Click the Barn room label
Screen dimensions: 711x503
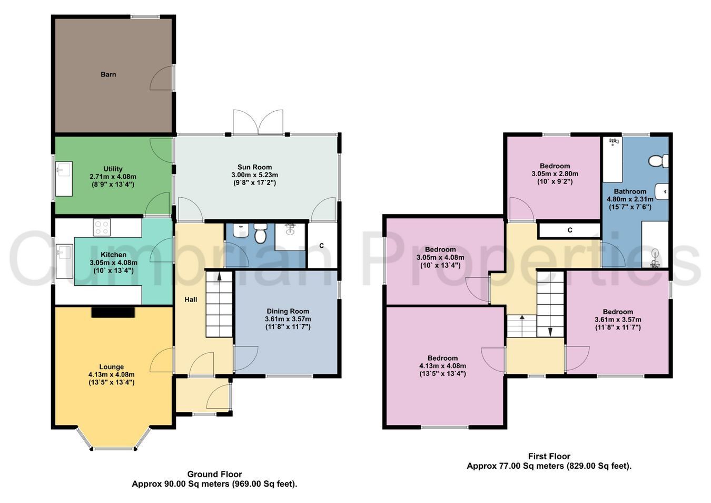pos(108,74)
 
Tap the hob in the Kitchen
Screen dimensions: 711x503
pos(102,227)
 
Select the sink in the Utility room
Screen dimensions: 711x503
pos(64,179)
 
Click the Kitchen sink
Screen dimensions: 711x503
pos(65,261)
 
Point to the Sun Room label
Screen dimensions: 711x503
pos(254,167)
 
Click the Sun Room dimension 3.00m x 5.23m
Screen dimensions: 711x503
pos(254,175)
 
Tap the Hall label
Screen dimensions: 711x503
pos(191,299)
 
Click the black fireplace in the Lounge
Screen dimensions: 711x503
pos(113,312)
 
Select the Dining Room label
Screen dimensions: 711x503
pos(288,312)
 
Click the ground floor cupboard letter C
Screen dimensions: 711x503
pos(322,246)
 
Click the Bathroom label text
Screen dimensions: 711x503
pos(630,191)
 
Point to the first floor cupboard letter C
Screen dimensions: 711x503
pos(570,230)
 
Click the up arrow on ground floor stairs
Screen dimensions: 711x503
pos(219,277)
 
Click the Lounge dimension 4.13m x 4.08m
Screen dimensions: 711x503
pos(112,375)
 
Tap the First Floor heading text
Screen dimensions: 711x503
pos(549,456)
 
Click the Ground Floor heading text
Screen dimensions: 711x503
pos(214,475)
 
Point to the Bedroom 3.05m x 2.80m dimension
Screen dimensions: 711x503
pos(555,174)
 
